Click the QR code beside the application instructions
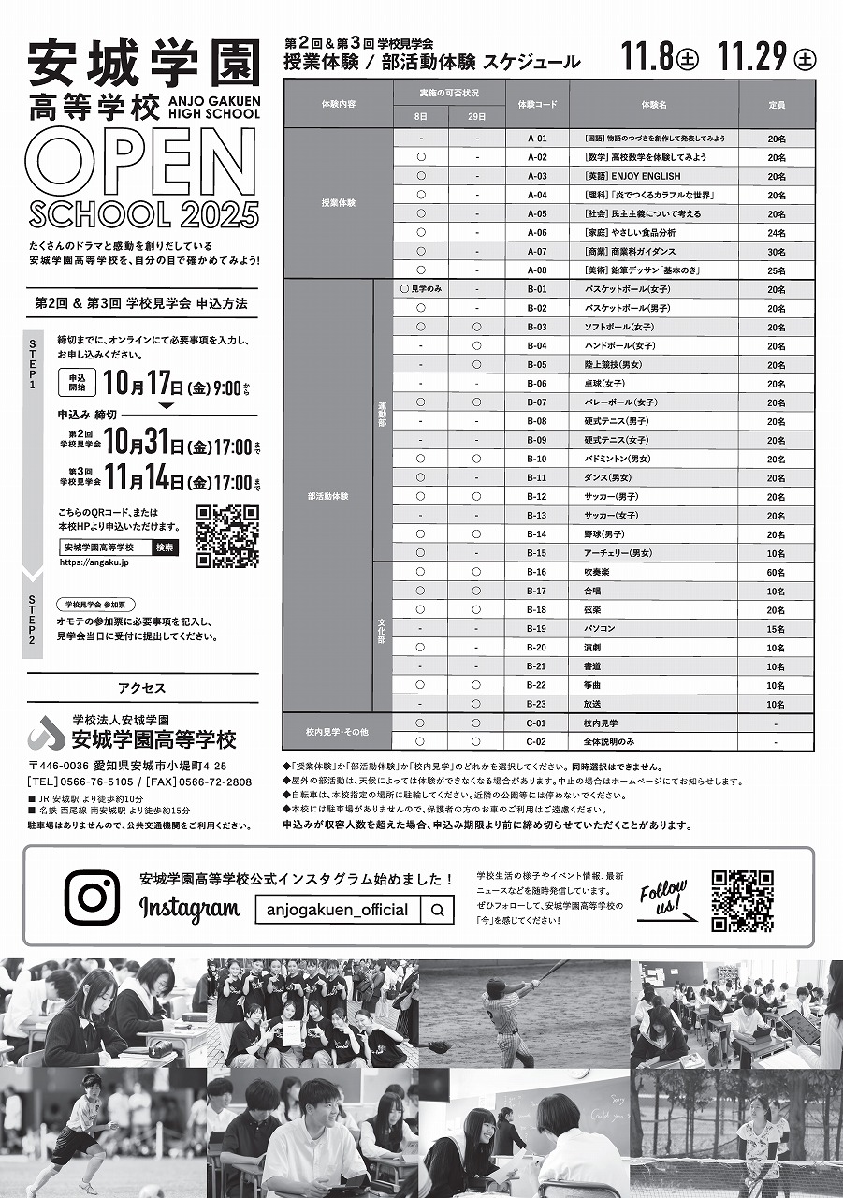[x=227, y=536]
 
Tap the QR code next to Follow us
[x=742, y=901]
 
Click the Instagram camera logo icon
[x=92, y=898]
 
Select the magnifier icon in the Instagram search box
[x=437, y=910]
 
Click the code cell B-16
[x=536, y=572]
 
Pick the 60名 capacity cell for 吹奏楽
[x=776, y=572]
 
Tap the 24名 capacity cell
[x=776, y=232]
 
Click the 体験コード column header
[x=536, y=104]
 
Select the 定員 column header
[x=776, y=104]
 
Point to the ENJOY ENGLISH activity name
[x=632, y=176]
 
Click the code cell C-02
[x=536, y=742]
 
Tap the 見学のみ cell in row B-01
[x=421, y=289]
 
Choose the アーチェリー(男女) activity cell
[x=618, y=553]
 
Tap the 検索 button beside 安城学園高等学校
[x=165, y=547]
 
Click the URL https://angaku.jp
[x=94, y=563]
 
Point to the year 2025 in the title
[x=214, y=213]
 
